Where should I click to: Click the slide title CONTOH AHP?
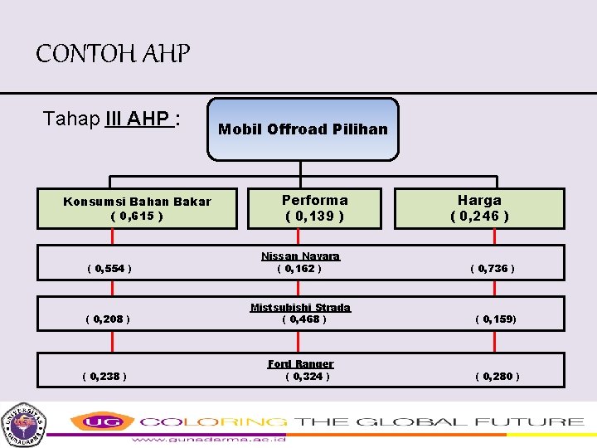113,55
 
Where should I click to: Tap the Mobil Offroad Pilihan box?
303,129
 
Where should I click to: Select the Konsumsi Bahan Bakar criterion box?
138,208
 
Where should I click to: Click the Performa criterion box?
314,208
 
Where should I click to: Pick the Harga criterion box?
479,208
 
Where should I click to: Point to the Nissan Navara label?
300,256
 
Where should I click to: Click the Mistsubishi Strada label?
300,308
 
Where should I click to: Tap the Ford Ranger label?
300,363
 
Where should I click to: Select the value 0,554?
109,269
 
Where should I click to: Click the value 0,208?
107,319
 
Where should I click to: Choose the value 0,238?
104,376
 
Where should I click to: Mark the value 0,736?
493,269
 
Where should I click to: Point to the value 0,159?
496,319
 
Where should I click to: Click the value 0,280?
498,376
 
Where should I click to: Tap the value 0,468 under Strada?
304,319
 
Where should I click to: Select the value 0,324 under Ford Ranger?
307,376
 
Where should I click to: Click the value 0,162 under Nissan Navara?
298,269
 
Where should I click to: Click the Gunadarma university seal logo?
23,424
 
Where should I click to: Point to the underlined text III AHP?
139,119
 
